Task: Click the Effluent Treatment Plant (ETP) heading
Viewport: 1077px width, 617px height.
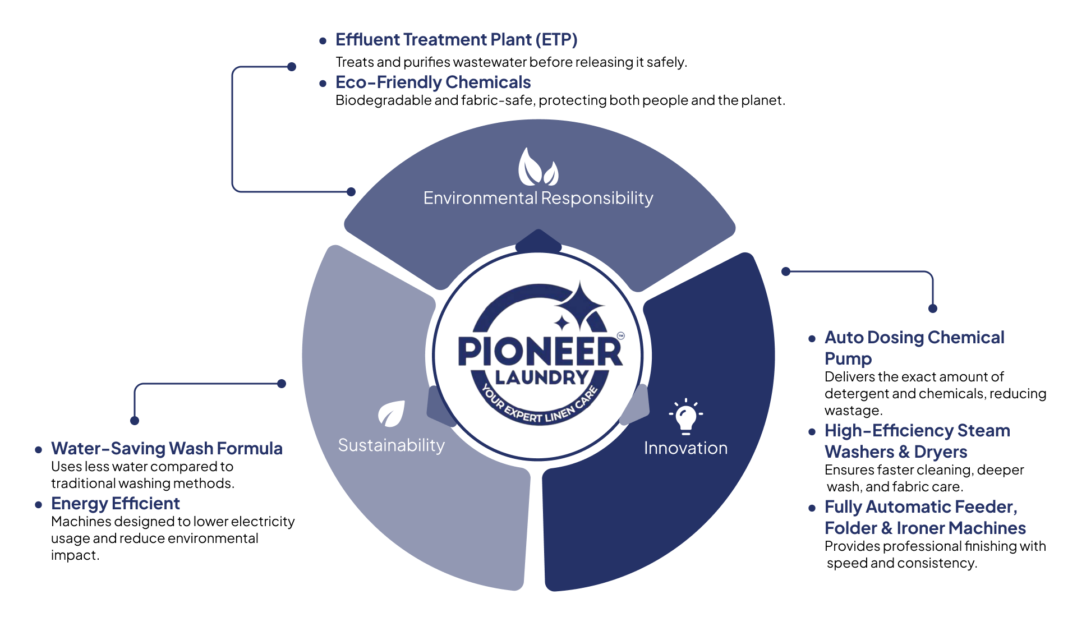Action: coord(456,40)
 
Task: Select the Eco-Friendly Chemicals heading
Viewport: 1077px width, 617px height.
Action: coord(432,82)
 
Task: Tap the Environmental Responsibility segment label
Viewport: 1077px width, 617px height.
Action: coord(538,198)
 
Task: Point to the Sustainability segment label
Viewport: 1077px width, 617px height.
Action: coord(391,445)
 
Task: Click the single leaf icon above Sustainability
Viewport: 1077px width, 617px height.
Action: coord(392,414)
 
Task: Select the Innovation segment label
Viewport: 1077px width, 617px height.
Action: coord(685,448)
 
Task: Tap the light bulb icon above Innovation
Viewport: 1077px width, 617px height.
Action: coord(685,417)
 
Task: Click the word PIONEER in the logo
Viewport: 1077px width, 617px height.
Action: coord(540,352)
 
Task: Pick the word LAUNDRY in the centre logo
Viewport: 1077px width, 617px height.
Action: coord(541,377)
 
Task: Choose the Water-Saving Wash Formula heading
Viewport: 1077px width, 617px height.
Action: coord(167,449)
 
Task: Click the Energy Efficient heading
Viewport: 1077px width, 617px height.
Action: coord(115,504)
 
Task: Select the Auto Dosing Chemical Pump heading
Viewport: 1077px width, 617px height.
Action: coord(914,348)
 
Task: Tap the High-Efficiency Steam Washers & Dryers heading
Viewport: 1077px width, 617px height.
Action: coord(917,441)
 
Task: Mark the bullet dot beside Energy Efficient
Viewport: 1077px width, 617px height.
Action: coord(38,505)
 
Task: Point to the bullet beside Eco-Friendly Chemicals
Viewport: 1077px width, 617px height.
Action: coord(323,84)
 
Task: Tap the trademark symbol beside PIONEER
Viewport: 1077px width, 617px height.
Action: coord(620,336)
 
